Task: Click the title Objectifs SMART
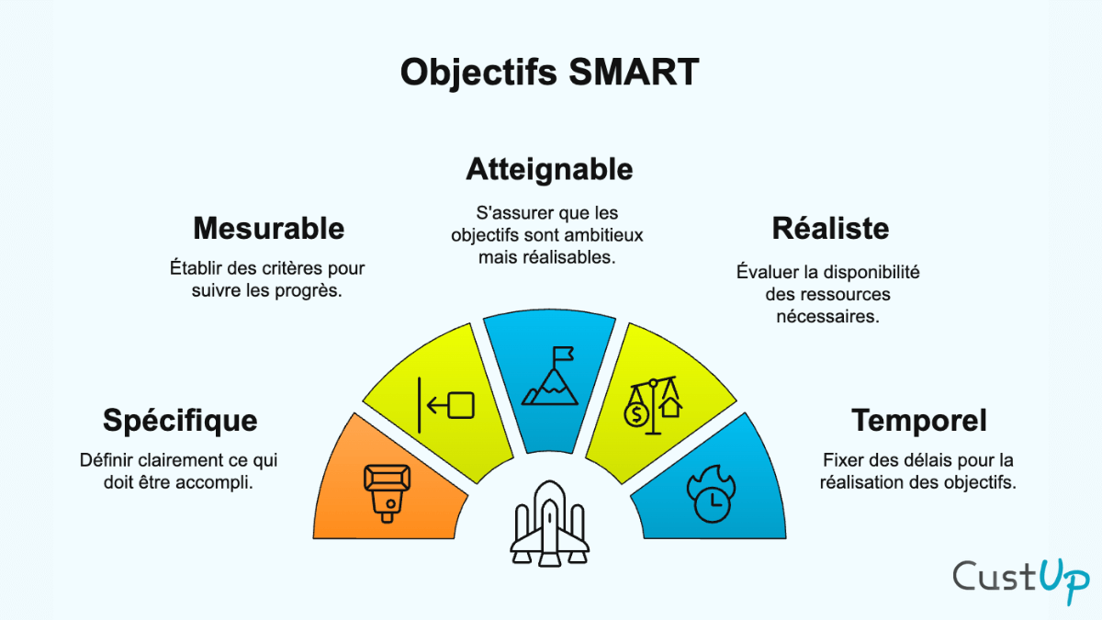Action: click(549, 73)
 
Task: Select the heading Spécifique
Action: click(180, 421)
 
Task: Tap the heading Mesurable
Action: click(268, 228)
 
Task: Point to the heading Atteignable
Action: click(549, 169)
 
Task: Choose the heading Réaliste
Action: click(830, 228)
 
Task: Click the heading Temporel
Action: click(919, 421)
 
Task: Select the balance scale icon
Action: click(653, 404)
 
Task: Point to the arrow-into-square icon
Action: click(446, 405)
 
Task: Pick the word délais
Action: click(927, 460)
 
